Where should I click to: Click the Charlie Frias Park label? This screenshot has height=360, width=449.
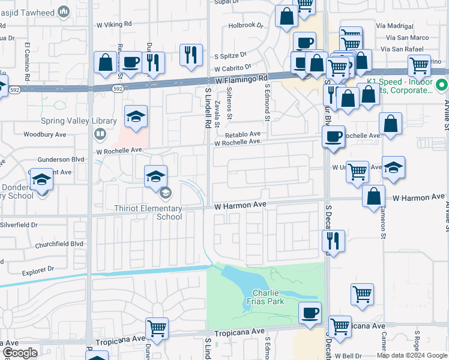pos(268,297)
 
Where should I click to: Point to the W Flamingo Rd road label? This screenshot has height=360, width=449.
pos(241,79)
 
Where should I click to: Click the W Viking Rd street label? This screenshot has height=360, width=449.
pos(110,24)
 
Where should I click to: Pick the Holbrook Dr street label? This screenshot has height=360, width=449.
pos(246,26)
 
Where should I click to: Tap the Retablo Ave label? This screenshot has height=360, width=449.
pos(244,134)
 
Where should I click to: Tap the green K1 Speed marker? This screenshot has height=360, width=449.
pos(442,85)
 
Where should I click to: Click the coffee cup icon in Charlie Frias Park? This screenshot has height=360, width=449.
pos(310,313)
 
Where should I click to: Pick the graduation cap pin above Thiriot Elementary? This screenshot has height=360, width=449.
pos(155,176)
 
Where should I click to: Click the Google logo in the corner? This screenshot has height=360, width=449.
pos(19,353)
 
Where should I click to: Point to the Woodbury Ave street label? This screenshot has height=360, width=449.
pos(43,134)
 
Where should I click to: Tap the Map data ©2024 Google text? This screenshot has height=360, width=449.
pos(412,355)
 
